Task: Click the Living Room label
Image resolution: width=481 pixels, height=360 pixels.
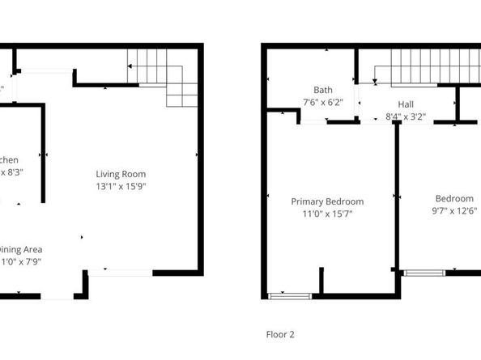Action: click(121, 174)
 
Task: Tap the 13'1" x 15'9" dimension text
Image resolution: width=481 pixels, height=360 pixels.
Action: click(121, 186)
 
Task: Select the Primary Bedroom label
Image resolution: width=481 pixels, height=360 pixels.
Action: click(327, 201)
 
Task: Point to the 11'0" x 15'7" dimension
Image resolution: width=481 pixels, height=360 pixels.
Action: click(327, 214)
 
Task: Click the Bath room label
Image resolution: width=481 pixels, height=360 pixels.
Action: click(323, 90)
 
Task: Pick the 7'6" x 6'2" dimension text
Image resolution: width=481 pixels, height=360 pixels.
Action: click(323, 103)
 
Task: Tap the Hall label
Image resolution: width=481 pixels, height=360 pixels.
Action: click(406, 104)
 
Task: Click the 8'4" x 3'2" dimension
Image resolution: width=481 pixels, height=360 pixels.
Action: click(406, 116)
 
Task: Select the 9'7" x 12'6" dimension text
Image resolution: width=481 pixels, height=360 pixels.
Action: click(453, 212)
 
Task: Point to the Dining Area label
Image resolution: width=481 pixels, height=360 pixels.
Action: click(21, 249)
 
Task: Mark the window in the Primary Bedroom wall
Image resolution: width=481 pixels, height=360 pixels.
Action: click(290, 296)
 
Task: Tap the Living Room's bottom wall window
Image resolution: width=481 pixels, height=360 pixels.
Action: click(120, 273)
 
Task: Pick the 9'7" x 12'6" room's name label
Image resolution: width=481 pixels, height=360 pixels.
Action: click(453, 199)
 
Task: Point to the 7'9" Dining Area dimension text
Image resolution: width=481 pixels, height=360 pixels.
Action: click(21, 262)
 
